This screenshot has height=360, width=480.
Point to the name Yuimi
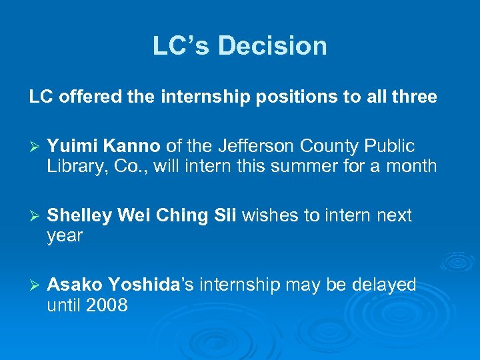pos(71,146)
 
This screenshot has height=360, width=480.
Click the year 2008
pos(107,306)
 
